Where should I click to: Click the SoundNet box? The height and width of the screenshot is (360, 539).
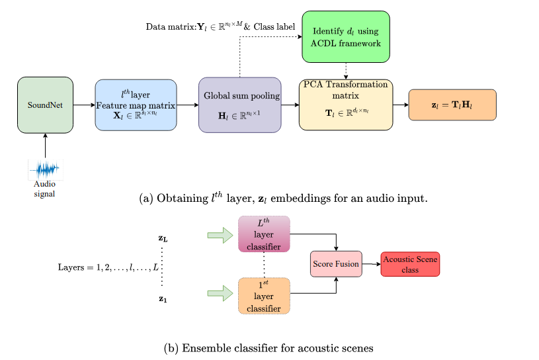45,105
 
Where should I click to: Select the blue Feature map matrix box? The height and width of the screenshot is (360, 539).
136,105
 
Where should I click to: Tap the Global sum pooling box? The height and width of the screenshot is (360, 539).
240,105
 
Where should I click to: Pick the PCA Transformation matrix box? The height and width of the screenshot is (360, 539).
346,105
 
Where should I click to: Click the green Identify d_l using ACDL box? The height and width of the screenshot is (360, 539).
346,37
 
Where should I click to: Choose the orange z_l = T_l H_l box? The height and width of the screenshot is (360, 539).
452,105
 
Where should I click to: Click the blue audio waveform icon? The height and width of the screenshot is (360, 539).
45,169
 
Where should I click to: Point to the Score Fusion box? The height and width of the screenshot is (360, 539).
336,264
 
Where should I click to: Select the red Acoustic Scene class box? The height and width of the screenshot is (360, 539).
410,264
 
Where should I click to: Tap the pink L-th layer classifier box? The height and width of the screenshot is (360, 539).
264,234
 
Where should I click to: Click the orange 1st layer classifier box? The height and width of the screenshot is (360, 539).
264,296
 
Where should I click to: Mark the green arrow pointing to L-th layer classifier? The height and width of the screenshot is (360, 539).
220,235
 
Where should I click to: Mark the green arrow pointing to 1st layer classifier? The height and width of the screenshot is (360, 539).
220,293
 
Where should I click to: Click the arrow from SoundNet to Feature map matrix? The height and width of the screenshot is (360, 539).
84,105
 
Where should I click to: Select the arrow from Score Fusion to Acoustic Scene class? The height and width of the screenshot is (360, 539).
372,264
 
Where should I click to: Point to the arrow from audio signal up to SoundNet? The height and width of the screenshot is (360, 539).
45,146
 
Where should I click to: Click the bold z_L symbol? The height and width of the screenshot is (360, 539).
163,238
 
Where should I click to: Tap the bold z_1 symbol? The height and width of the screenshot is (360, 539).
163,299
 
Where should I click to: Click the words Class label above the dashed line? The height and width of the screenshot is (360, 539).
274,27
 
